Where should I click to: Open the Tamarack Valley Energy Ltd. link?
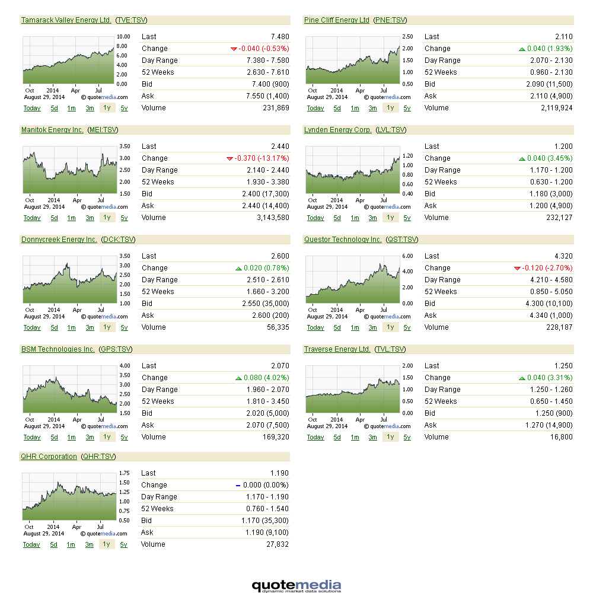pos(66,20)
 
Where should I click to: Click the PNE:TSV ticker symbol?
pos(390,20)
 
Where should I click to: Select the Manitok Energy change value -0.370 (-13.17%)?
pos(262,158)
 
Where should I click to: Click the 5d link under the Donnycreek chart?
pos(54,327)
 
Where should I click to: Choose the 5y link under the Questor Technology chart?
pos(407,327)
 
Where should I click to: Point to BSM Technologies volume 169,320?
pos(276,437)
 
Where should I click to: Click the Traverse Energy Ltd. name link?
pos(337,349)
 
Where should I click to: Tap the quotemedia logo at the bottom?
pos(296,586)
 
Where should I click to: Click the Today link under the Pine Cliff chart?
pos(315,108)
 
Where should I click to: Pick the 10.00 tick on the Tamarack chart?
pos(123,37)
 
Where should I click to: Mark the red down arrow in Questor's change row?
pos(517,268)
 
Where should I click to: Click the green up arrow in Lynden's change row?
pos(522,158)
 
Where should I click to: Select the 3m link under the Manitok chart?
pos(90,218)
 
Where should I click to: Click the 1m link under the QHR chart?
pos(71,544)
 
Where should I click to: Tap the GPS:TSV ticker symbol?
pos(116,349)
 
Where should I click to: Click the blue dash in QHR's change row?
pos(238,485)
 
